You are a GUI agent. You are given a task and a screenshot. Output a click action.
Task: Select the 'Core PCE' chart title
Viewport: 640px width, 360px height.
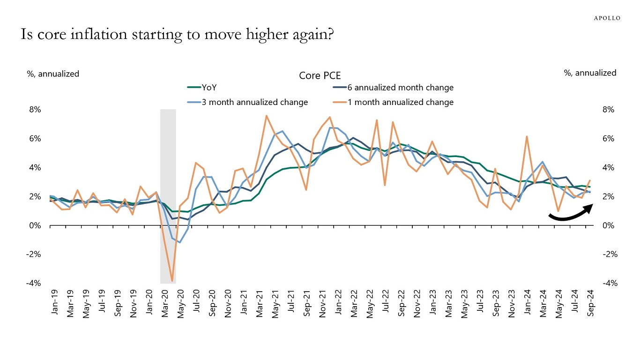[320, 75]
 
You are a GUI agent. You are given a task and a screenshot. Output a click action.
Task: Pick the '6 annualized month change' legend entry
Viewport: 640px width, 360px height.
[400, 87]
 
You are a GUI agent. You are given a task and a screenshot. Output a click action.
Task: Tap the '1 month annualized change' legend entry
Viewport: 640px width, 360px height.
[400, 102]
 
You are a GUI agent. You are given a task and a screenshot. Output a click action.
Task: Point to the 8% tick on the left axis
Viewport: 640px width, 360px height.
[36, 110]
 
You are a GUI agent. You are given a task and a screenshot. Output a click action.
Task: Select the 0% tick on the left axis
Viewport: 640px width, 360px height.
[36, 225]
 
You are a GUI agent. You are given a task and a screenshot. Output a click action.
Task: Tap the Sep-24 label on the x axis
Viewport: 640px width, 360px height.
[592, 304]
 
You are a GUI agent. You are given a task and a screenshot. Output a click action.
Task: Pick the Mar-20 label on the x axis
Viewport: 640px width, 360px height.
[165, 304]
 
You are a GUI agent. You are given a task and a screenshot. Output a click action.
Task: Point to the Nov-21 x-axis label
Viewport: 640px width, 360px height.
[323, 304]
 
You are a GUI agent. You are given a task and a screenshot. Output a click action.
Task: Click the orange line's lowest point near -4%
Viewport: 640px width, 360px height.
[172, 281]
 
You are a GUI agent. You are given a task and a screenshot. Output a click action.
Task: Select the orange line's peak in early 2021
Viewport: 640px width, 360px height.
[266, 116]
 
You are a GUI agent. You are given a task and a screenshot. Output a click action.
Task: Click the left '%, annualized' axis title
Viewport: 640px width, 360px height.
[52, 74]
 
